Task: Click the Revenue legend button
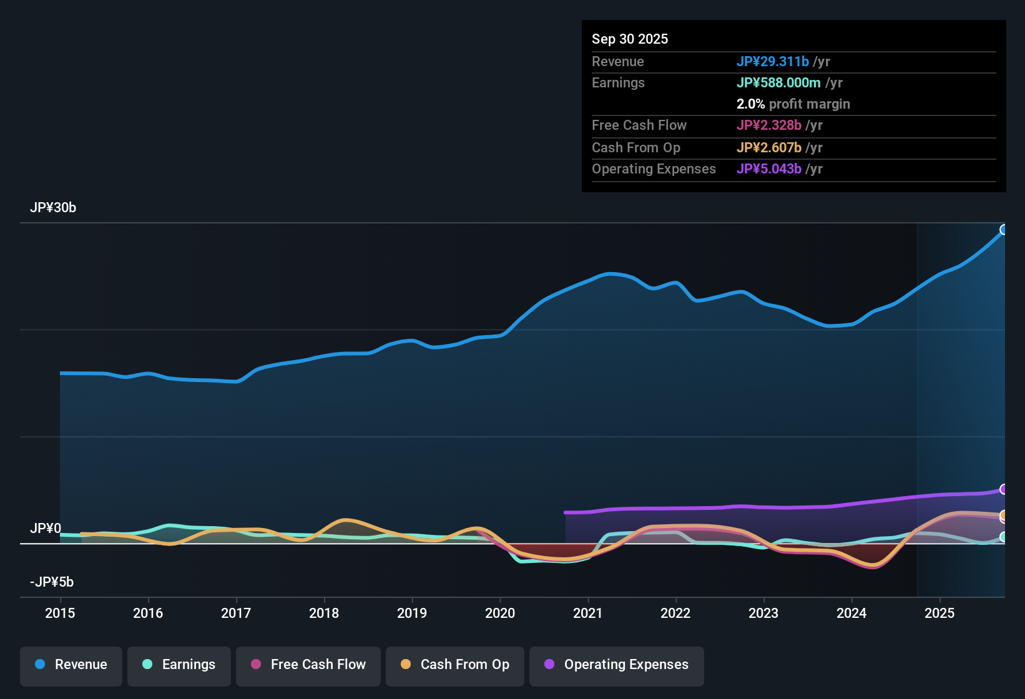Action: tap(71, 665)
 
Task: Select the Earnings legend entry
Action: tap(179, 665)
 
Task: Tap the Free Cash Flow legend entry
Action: tap(308, 665)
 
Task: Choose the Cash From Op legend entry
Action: tap(455, 665)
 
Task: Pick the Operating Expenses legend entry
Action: tap(617, 665)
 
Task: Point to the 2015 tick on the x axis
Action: tap(60, 613)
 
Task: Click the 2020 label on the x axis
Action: tap(500, 613)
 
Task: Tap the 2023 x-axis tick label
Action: tap(763, 613)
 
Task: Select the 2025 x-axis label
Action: tap(939, 613)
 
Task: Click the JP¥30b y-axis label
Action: tap(53, 208)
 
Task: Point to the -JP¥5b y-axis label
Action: tap(52, 582)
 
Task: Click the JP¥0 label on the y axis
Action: tap(46, 529)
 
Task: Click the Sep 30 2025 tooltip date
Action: tap(630, 39)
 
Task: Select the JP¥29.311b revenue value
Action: tap(773, 61)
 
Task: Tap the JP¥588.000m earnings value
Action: tap(778, 82)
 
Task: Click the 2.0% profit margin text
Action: tap(793, 104)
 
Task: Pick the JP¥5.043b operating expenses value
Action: tap(769, 169)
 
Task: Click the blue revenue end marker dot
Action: tap(1004, 230)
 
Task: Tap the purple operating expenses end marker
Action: tap(1004, 489)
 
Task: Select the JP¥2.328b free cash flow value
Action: tap(769, 125)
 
